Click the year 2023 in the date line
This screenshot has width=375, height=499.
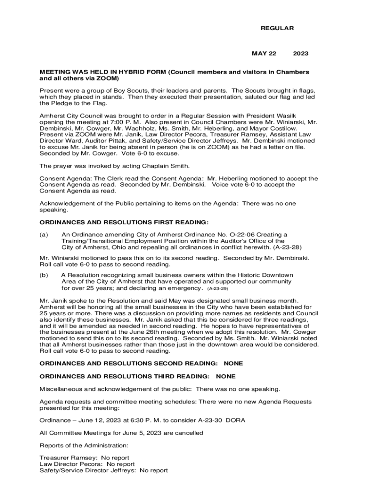(300, 53)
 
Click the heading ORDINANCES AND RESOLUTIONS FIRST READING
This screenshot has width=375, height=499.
(124, 222)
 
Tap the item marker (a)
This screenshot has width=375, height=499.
(44, 234)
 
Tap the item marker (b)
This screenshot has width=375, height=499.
(44, 275)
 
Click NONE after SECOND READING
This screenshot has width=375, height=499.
(233, 364)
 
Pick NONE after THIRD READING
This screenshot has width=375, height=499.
(225, 376)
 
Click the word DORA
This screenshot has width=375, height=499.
(236, 420)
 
